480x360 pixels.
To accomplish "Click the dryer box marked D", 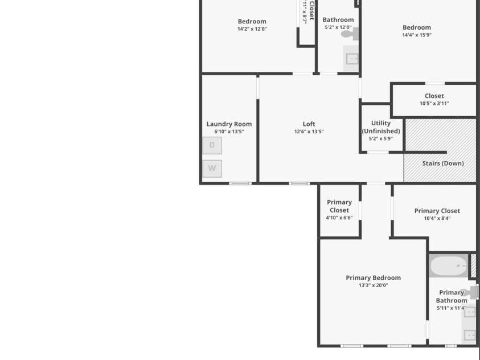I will pyautogui.click(x=212, y=145).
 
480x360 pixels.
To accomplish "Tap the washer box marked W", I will pyautogui.click(x=212, y=169).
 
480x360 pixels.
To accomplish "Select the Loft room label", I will pyautogui.click(x=309, y=124).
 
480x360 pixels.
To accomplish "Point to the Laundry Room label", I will pyautogui.click(x=229, y=124).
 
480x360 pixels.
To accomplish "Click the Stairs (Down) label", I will pyautogui.click(x=443, y=163).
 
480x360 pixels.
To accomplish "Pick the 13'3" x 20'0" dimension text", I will pyautogui.click(x=374, y=285).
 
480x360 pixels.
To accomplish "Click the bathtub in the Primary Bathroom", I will pyautogui.click(x=449, y=265).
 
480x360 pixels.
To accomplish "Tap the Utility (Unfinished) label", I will pyautogui.click(x=381, y=127).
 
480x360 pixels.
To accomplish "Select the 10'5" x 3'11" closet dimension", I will pyautogui.click(x=434, y=104).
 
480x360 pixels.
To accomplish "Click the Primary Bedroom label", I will pyautogui.click(x=374, y=278).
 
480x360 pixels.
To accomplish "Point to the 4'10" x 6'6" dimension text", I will pyautogui.click(x=339, y=218).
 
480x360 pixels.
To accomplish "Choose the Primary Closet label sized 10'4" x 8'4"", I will pyautogui.click(x=437, y=211).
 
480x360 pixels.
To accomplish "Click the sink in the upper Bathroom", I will pyautogui.click(x=352, y=58).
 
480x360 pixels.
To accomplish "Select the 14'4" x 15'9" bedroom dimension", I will pyautogui.click(x=417, y=35).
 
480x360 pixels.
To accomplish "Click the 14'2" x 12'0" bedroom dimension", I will pyautogui.click(x=252, y=29).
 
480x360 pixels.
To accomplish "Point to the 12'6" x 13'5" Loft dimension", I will pyautogui.click(x=309, y=132).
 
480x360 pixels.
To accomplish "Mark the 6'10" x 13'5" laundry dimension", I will pyautogui.click(x=229, y=132).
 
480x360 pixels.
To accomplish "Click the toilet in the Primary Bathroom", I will pyautogui.click(x=470, y=293).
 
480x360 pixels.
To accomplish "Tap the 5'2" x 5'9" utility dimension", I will pyautogui.click(x=381, y=138).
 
